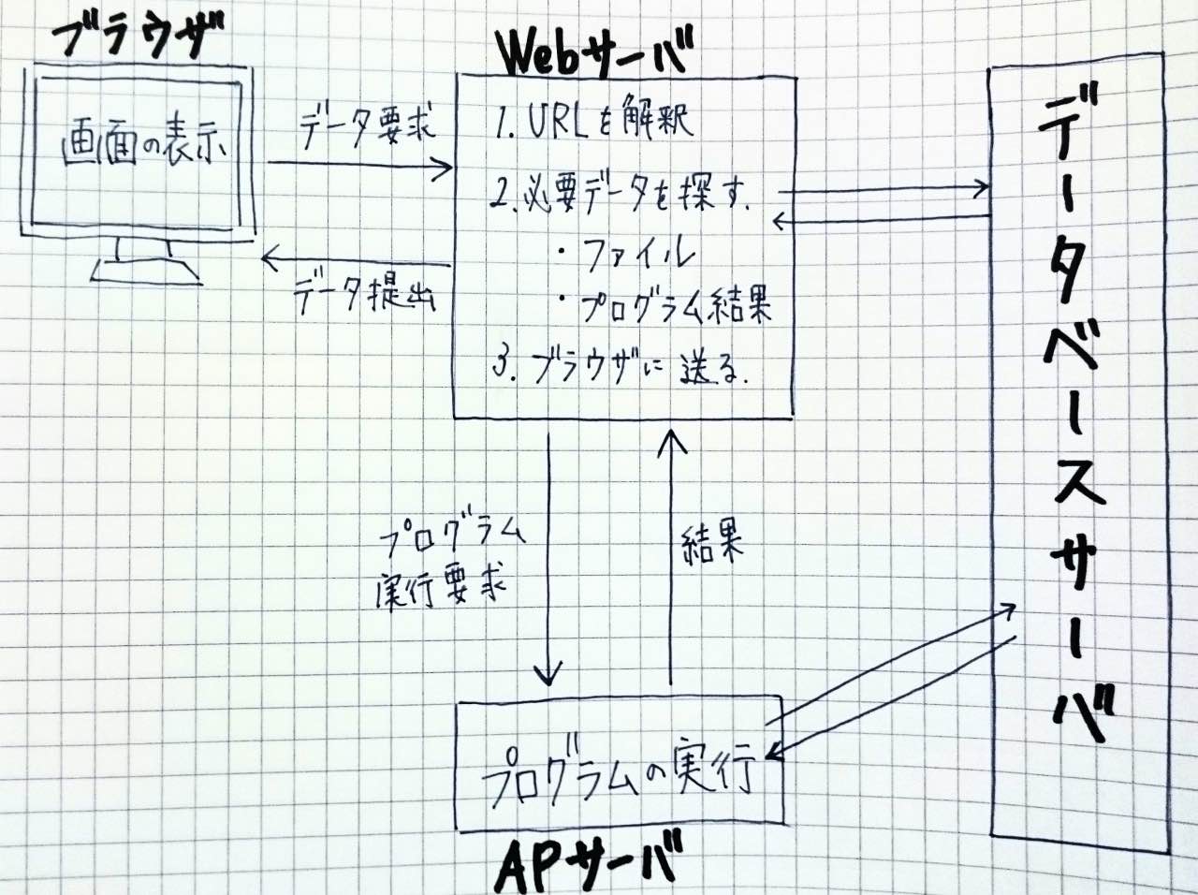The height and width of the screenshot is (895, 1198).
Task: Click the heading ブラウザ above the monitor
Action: pos(139,39)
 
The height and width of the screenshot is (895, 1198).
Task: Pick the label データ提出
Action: pos(366,297)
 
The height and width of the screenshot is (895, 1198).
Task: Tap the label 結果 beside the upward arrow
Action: pos(713,544)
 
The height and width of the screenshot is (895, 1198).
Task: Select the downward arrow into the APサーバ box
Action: pos(549,562)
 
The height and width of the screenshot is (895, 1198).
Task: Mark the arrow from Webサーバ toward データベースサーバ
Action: pos(884,190)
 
